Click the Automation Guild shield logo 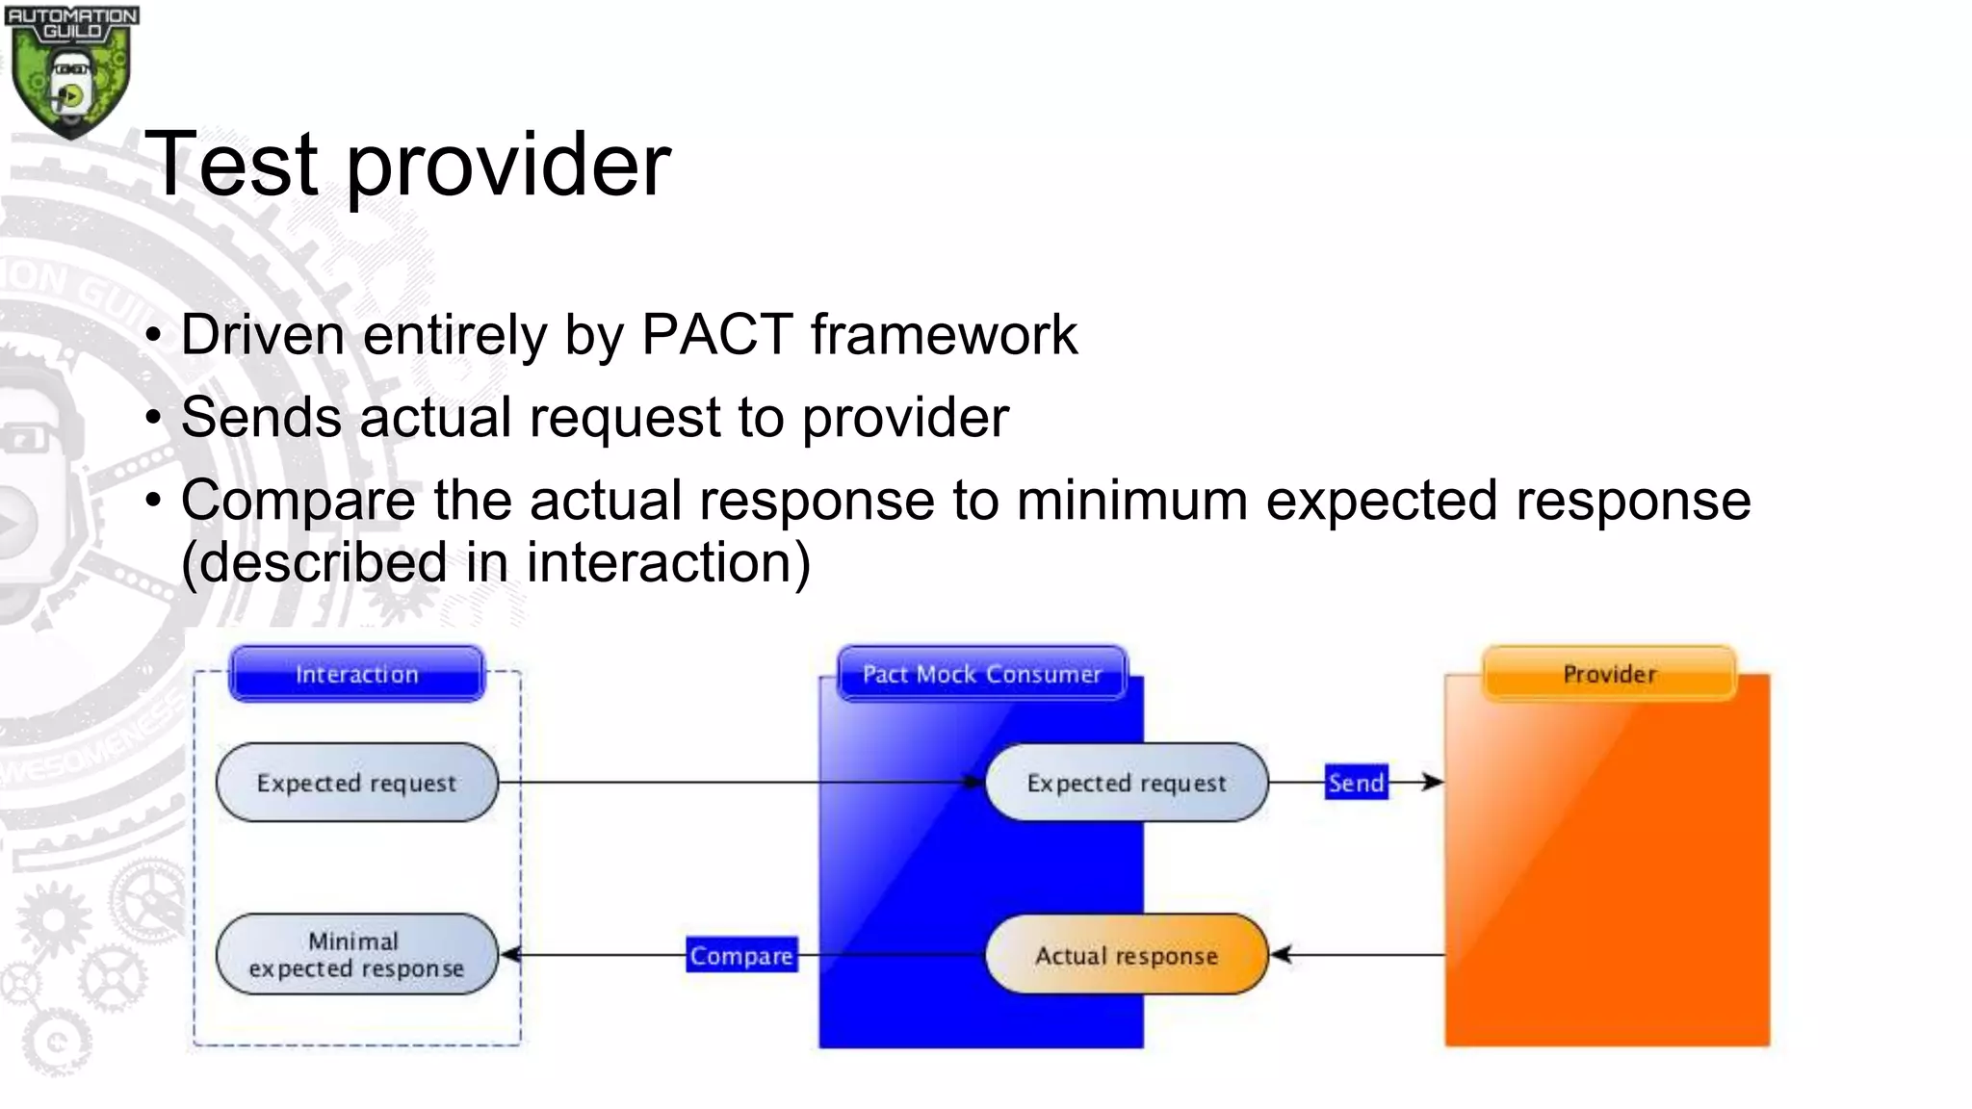click(x=71, y=72)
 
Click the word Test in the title click(x=231, y=165)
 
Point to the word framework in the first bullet click(x=944, y=335)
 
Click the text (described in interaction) click(x=496, y=562)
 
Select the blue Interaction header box click(x=357, y=674)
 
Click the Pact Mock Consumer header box click(x=981, y=674)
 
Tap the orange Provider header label click(x=1609, y=674)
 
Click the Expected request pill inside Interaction click(x=357, y=783)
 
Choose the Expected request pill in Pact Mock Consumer click(x=1127, y=783)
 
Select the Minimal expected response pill click(x=357, y=955)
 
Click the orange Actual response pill click(x=1127, y=955)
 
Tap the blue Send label click(x=1356, y=783)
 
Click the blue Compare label click(x=741, y=955)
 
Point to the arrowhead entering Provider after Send click(x=1434, y=782)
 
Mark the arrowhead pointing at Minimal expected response click(x=511, y=955)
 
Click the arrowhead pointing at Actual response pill click(x=1281, y=955)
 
